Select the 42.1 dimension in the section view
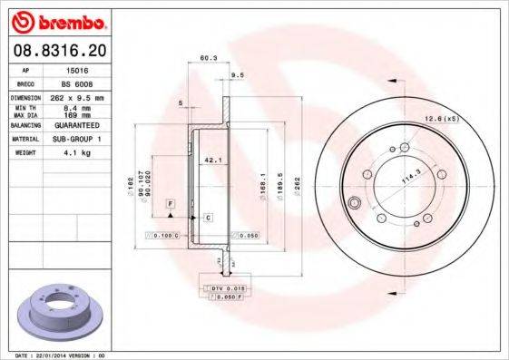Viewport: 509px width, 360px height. coord(212,161)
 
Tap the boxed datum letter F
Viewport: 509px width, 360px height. coord(169,208)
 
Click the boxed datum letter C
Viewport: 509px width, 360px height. coord(208,218)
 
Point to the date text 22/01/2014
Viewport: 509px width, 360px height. coord(54,355)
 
